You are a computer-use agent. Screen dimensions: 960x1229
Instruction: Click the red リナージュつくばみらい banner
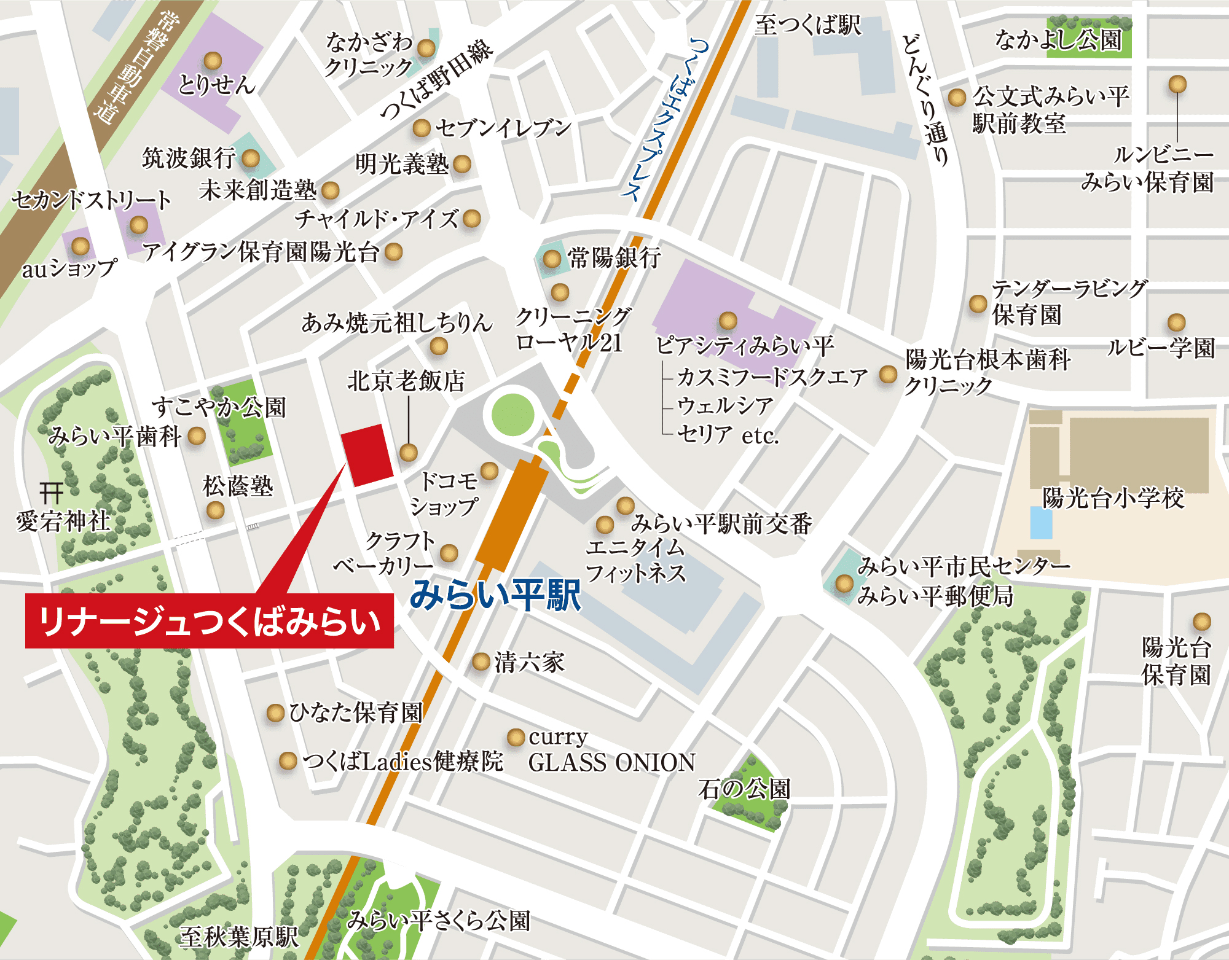[209, 621]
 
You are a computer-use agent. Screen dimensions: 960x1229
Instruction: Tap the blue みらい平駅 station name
[495, 595]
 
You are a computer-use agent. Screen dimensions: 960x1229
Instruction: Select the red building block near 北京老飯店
[367, 455]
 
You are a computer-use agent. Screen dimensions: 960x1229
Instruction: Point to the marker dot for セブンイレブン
[421, 128]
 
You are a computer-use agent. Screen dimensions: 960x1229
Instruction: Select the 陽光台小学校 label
[1113, 498]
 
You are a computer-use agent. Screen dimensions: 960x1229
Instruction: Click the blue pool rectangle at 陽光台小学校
[1041, 523]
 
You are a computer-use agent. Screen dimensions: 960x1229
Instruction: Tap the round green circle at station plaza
[512, 415]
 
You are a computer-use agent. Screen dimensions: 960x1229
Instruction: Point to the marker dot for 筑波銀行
[250, 158]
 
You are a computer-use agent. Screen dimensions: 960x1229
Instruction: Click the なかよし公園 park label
[1058, 41]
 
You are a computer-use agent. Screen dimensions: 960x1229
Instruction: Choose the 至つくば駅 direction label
[807, 25]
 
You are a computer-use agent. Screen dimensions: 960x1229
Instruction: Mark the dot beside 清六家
[481, 662]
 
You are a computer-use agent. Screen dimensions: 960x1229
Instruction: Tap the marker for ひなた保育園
[275, 713]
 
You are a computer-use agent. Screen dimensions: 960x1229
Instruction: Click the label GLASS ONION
[611, 763]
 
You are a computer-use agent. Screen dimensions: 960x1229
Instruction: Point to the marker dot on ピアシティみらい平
[728, 320]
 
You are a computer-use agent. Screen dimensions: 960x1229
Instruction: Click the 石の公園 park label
[744, 789]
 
